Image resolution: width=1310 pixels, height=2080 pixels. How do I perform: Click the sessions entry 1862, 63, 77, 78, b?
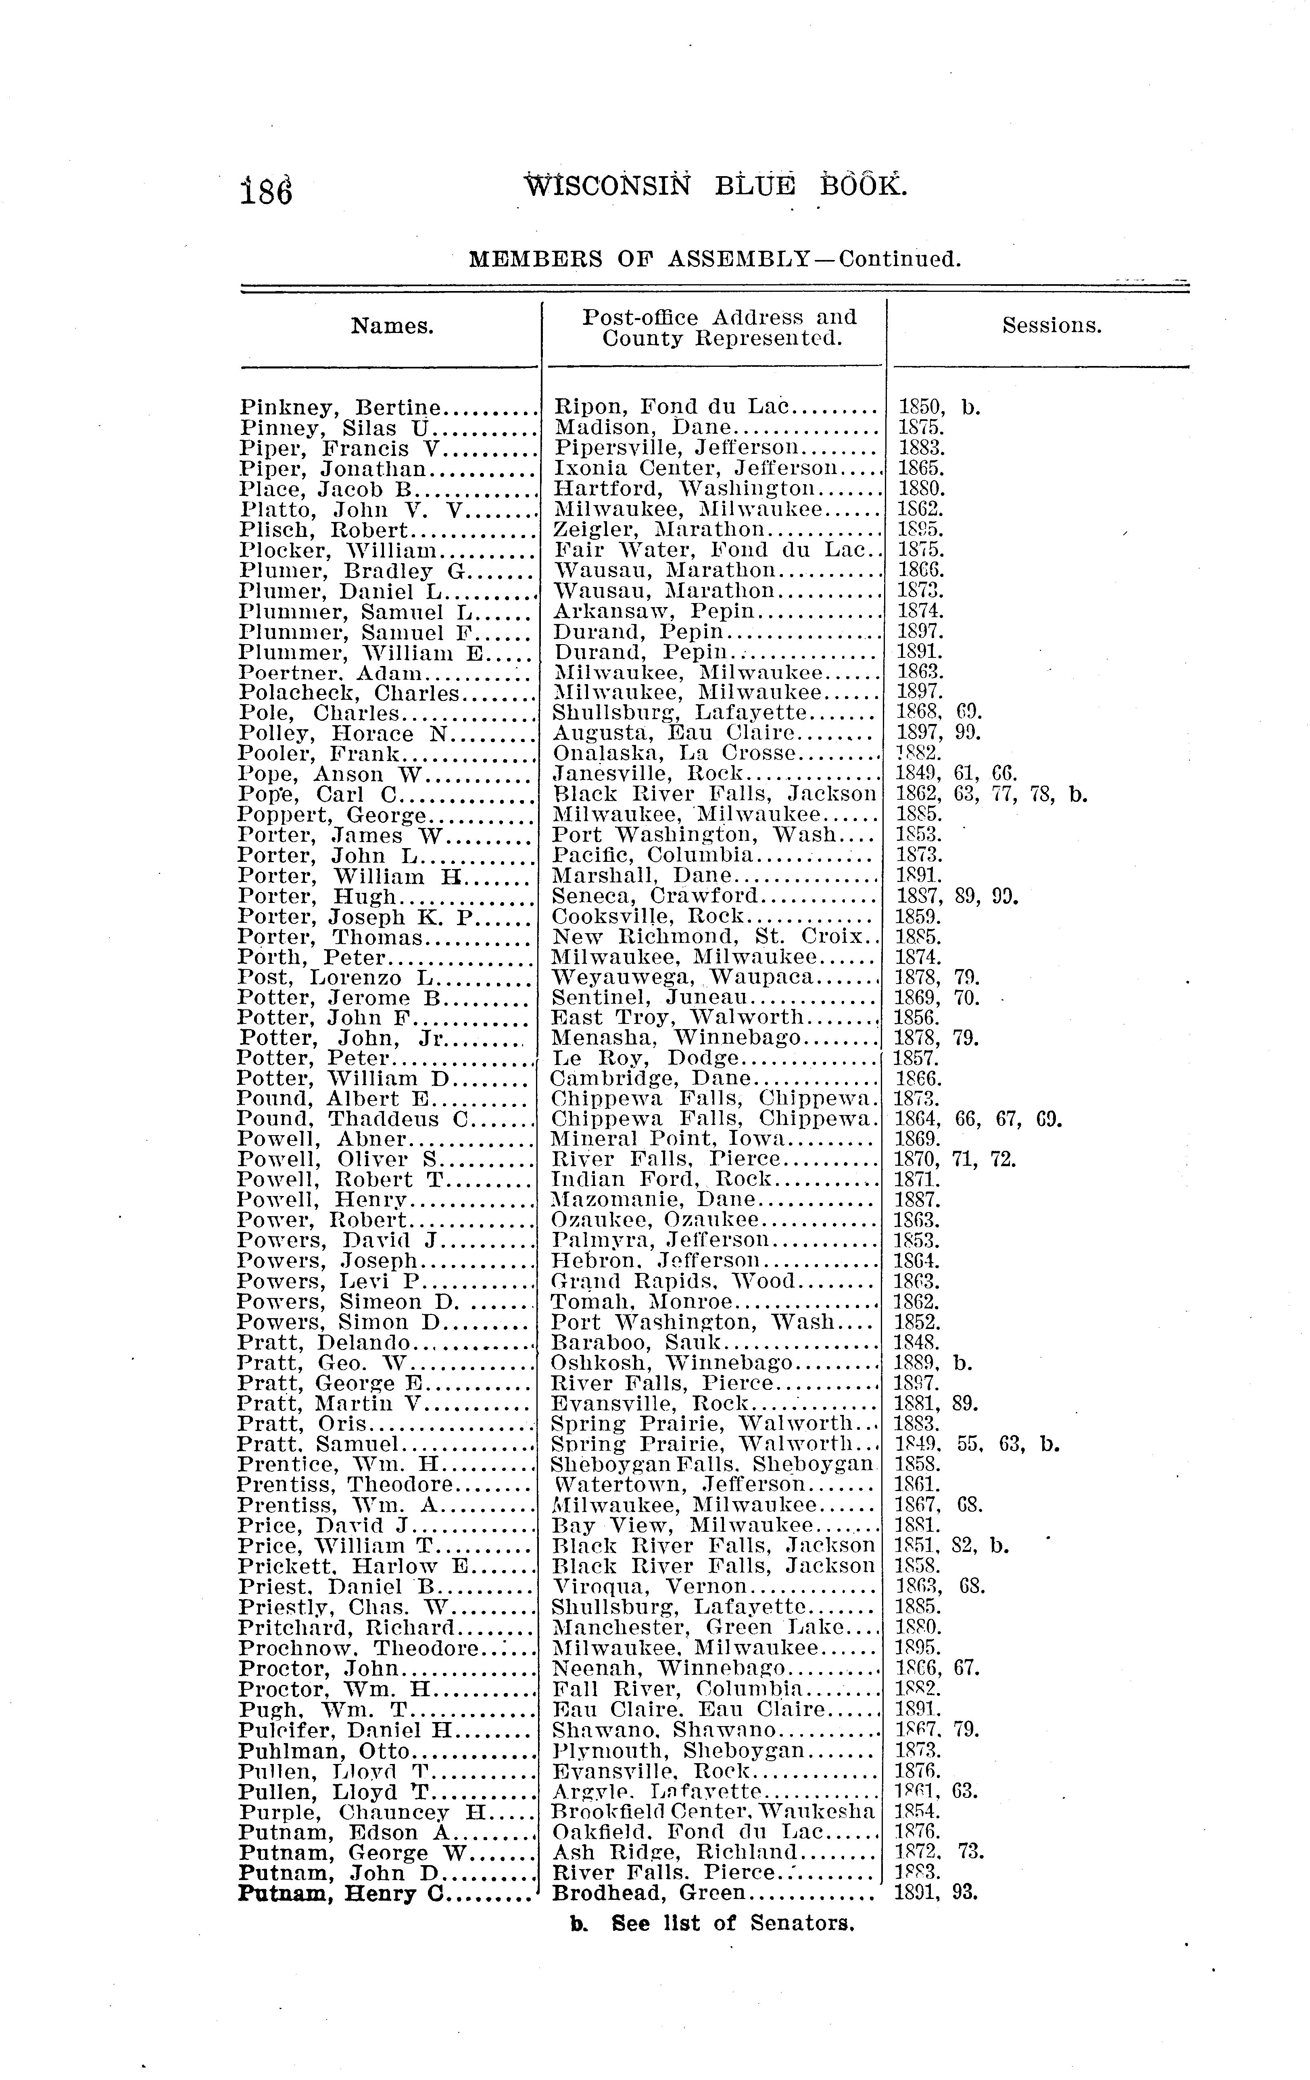(989, 794)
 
